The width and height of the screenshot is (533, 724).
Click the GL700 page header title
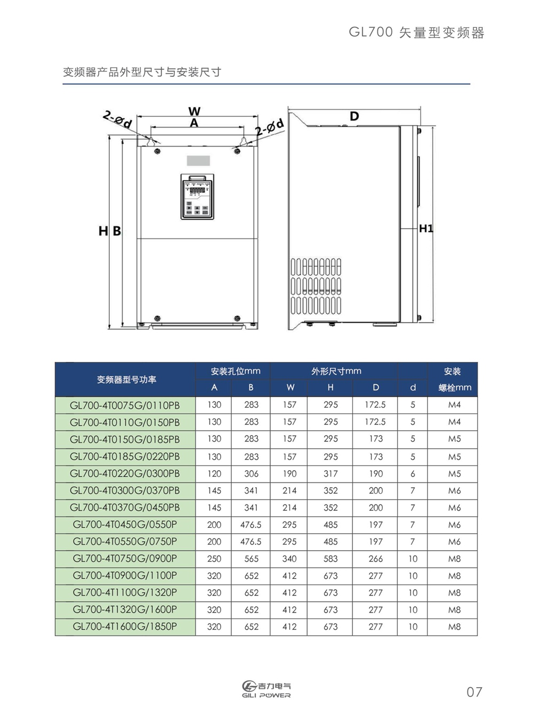416,33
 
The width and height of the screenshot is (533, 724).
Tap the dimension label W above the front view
195,111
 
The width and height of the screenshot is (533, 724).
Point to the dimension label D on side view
354,116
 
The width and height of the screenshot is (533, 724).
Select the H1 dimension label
426,229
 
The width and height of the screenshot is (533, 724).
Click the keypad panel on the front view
197,197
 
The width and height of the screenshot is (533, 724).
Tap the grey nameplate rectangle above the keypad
198,160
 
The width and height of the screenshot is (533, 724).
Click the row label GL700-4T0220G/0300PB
125,473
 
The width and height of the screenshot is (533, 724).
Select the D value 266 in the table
376,559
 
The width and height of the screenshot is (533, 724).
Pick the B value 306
251,473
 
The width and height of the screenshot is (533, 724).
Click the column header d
413,387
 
